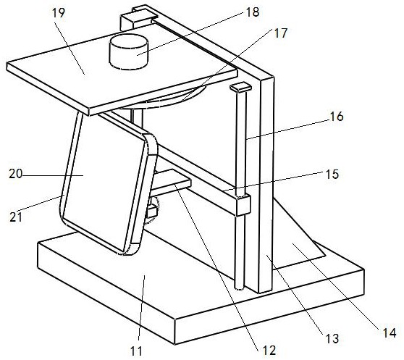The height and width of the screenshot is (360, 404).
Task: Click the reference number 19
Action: pos(59,13)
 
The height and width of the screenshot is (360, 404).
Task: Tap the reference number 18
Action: pos(253,12)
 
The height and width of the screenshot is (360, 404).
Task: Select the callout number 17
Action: pos(280,33)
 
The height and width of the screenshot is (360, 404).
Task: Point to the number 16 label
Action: pos(337,117)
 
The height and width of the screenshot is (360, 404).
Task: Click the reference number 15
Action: pos(332,174)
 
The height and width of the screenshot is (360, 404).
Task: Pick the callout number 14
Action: pos(389,333)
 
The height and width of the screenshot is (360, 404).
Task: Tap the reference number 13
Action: pos(332,338)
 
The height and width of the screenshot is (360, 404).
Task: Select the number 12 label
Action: pos(269,350)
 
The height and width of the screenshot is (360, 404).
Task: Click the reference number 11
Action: pos(136,351)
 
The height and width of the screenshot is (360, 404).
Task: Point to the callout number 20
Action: pos(15,174)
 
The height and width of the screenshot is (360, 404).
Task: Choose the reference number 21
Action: pos(16,218)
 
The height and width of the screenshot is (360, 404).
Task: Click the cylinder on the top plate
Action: pos(129,52)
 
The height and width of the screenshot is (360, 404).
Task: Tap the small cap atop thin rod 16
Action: pos(240,88)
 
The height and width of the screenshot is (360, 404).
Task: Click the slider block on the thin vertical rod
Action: pos(243,206)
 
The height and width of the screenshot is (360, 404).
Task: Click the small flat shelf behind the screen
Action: pos(171,182)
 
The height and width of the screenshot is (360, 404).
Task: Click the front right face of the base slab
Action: pos(269,306)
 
